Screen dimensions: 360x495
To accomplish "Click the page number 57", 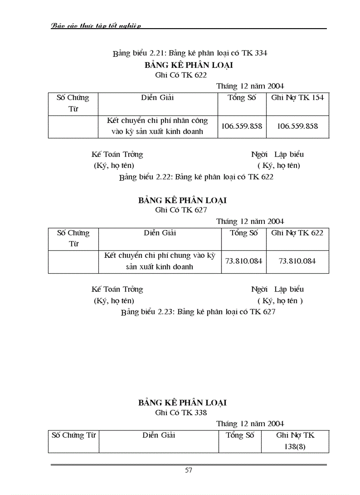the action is tap(188, 470).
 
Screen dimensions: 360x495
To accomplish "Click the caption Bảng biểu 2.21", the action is tap(190, 53).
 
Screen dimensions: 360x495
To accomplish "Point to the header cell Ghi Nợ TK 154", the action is tap(297, 98).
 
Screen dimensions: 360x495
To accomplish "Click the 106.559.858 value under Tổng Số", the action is tap(242, 126).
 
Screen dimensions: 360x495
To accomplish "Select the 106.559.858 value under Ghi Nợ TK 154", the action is tap(297, 126).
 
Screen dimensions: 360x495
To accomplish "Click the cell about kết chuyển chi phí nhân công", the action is tap(157, 126).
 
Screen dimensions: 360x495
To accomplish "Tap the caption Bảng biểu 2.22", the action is tap(196, 177).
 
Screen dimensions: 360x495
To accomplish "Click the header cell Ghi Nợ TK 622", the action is tap(297, 233).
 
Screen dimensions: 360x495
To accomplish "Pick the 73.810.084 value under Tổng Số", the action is tap(244, 261).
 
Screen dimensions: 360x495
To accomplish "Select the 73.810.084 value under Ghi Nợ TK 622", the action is tap(297, 261).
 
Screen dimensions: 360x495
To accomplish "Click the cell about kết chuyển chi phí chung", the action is tap(159, 261).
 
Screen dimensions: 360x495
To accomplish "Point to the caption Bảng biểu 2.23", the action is tap(198, 312).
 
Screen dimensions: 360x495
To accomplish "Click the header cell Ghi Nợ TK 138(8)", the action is tap(295, 441).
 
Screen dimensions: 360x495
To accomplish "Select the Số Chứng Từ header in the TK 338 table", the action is tap(74, 435).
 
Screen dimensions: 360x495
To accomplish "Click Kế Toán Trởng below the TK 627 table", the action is tap(117, 290).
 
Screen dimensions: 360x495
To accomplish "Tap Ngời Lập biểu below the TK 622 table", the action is tap(277, 155).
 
